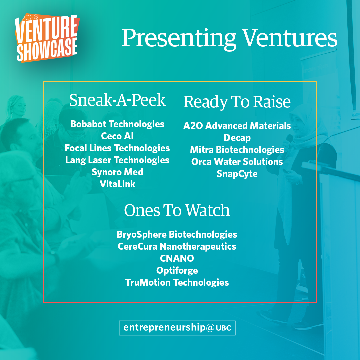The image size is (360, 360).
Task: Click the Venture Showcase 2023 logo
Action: pos(47,38)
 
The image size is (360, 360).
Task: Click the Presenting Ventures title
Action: pos(229,38)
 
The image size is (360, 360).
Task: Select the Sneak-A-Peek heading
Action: pos(117,100)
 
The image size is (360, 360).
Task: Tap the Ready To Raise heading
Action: pos(237,102)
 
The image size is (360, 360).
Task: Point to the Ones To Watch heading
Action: pos(177,210)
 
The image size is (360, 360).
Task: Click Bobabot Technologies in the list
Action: pos(117,124)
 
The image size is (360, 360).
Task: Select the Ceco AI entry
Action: pos(117,136)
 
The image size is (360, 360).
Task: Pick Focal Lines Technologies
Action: pos(117,148)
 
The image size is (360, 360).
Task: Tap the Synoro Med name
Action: pos(117,172)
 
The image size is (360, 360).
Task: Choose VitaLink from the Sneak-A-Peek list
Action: pos(117,184)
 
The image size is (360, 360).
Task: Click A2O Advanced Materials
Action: pos(237,126)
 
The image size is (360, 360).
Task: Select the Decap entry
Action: pos(237,138)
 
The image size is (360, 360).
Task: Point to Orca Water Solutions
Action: pos(237,162)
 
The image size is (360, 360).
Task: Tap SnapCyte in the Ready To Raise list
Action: pos(237,174)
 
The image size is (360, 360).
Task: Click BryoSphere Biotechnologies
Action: pos(177,234)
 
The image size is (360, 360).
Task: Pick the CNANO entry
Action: pos(177,258)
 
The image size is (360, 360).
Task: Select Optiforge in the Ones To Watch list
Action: pos(177,270)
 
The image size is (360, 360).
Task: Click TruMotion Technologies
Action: pos(177,282)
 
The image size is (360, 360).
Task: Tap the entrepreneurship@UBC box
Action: pos(177,328)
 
